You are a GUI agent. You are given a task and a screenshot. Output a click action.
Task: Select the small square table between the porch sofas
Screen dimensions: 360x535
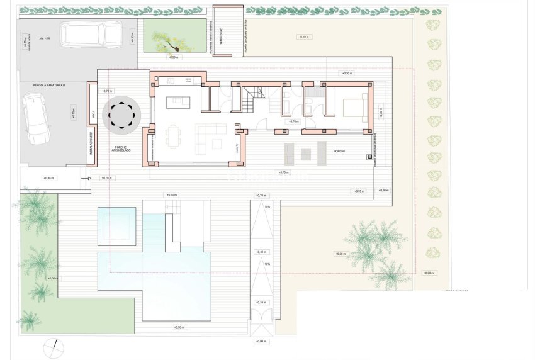pyautogui.click(x=305, y=153)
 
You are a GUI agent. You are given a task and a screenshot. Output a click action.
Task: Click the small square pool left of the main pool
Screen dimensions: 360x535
pyautogui.click(x=116, y=226)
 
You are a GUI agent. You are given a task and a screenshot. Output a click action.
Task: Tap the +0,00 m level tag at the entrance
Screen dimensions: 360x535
pyautogui.click(x=261, y=341)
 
